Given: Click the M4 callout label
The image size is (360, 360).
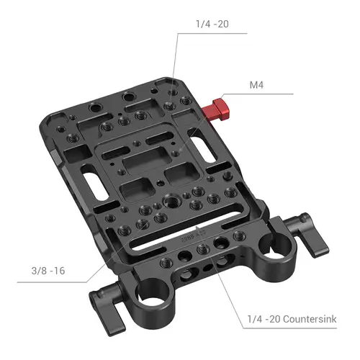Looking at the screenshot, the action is [256, 85].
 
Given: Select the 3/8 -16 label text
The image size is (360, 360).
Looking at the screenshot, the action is [48, 271].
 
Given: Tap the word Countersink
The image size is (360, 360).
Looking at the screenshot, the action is [311, 319].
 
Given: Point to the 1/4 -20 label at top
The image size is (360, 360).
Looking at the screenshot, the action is [212, 24].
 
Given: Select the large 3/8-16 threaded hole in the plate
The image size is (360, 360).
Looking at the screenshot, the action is [171, 199].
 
